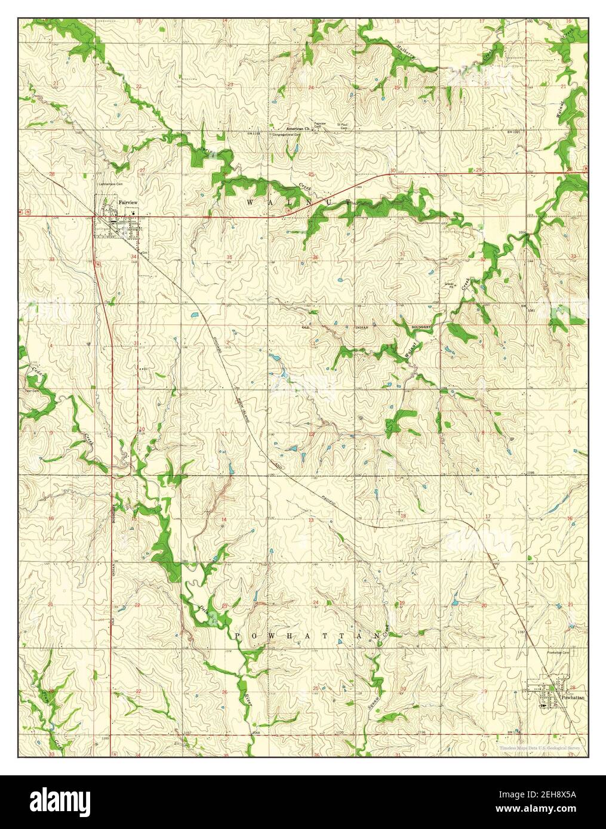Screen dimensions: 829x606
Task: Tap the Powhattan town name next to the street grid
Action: tap(576, 697)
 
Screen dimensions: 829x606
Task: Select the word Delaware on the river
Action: tap(204, 611)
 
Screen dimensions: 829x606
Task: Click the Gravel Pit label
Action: tap(449, 284)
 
